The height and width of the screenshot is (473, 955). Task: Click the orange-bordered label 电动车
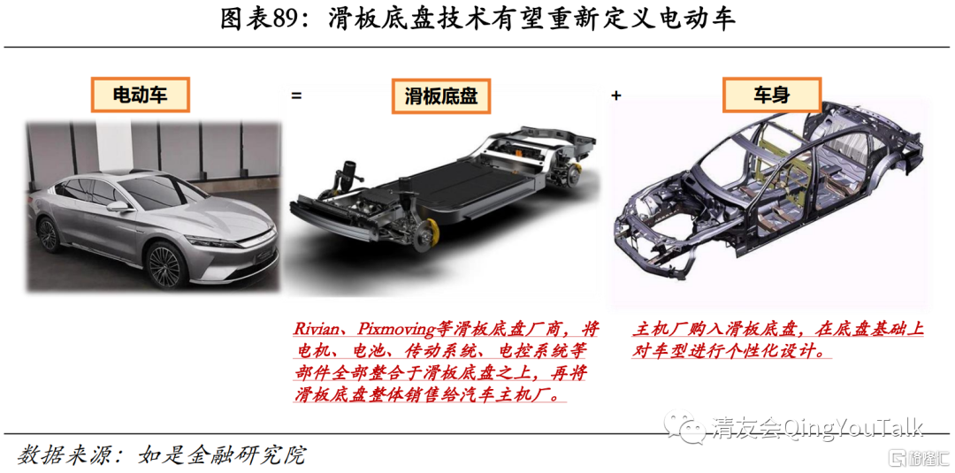(x=140, y=95)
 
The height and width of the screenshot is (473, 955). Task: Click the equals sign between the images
(x=296, y=95)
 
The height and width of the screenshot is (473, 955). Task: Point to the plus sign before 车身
(x=615, y=95)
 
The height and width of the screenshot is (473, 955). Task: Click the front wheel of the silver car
(x=164, y=265)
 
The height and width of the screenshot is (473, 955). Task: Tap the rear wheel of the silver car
(x=48, y=233)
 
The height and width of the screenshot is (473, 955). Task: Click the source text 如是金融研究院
(x=222, y=454)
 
